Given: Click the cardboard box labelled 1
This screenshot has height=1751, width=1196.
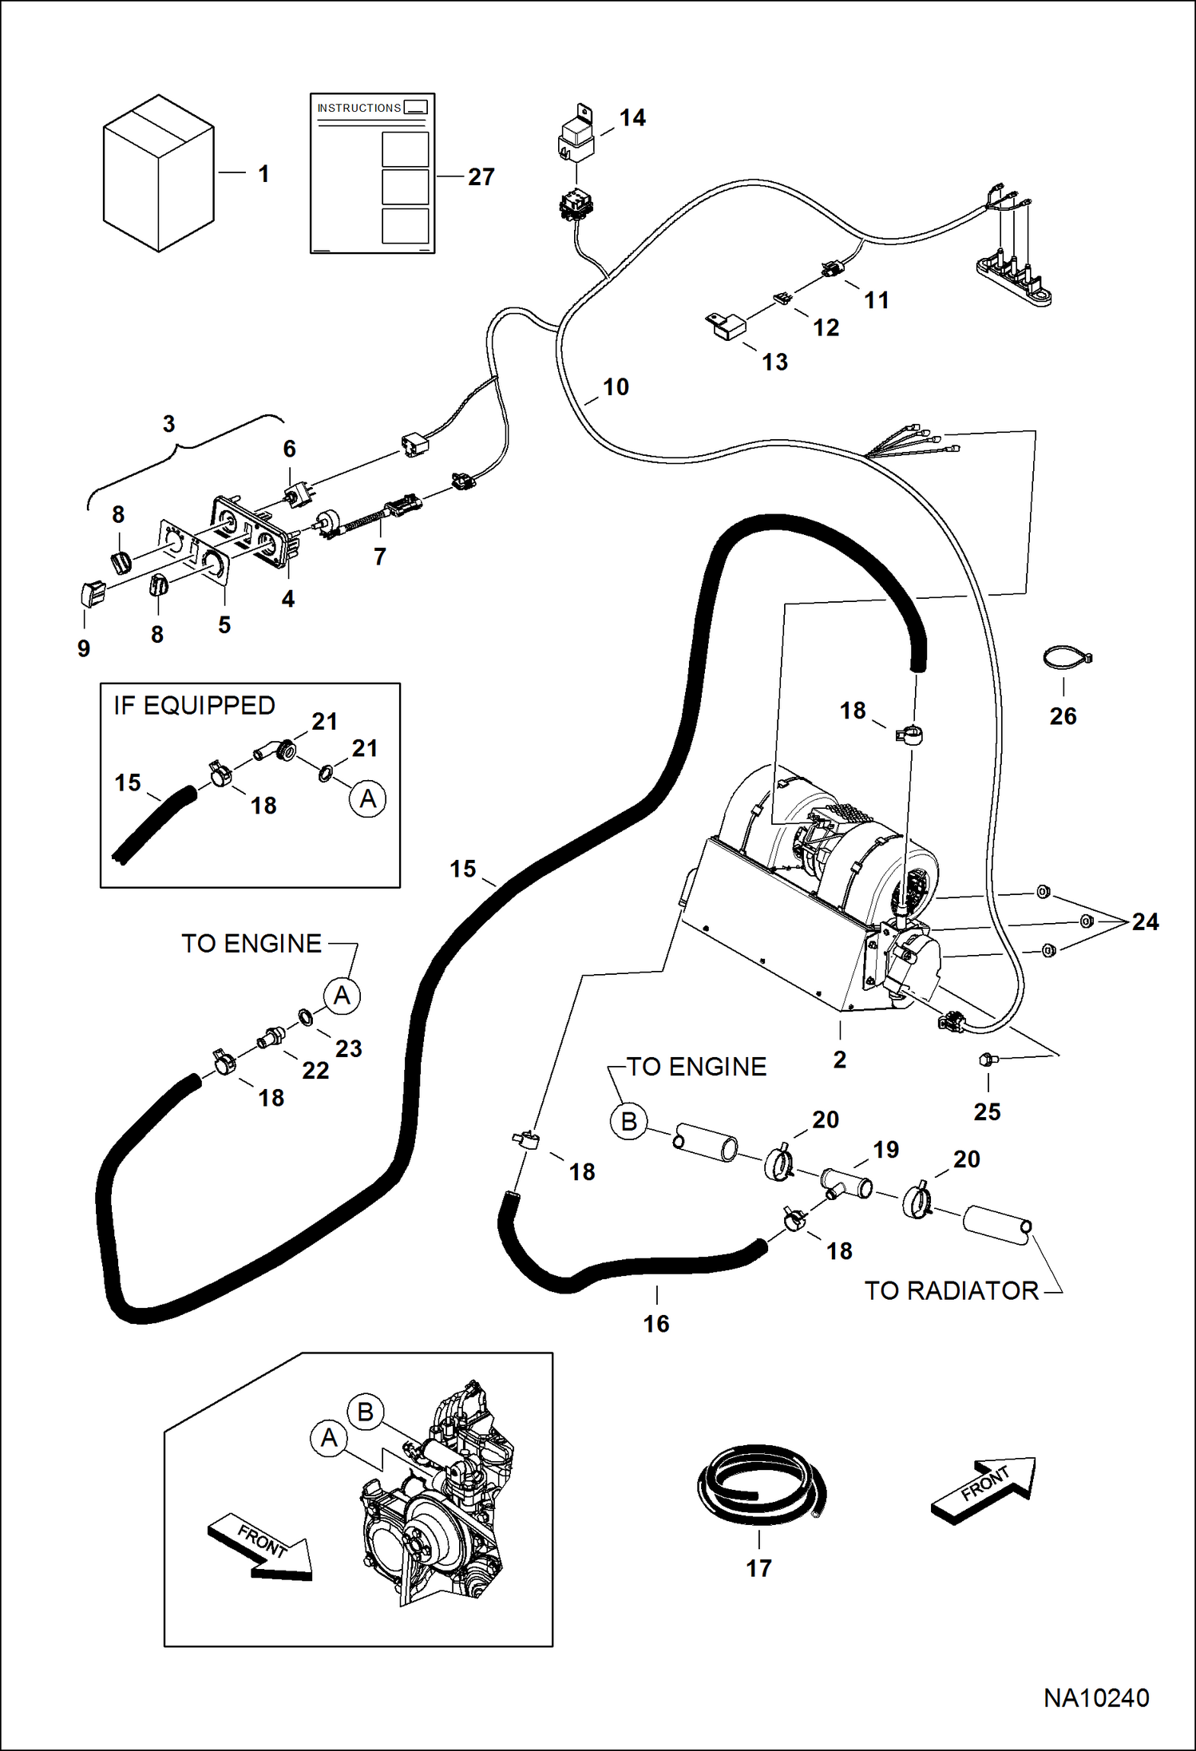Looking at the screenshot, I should tap(158, 173).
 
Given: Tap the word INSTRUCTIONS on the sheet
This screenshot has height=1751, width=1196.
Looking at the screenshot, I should tap(358, 108).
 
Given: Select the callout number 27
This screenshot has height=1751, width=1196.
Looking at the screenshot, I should tap(481, 176).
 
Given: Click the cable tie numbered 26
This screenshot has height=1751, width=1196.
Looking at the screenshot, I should tap(1067, 659).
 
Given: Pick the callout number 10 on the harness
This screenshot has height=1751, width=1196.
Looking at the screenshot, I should tap(616, 387).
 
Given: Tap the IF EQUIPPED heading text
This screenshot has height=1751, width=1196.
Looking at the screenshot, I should tap(194, 706).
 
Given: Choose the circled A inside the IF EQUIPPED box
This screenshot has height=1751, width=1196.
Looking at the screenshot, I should tap(367, 798).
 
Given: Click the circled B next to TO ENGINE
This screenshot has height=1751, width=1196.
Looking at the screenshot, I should tap(628, 1122).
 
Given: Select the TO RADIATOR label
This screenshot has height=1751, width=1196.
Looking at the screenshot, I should tap(952, 1290).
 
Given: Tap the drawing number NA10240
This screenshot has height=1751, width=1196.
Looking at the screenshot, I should tap(1096, 1698).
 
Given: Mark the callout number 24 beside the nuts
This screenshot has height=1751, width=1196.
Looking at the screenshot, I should tap(1145, 922).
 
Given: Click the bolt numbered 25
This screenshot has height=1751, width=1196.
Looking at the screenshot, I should tap(987, 1060).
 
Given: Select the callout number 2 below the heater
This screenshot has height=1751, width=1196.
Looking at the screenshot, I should tap(839, 1060).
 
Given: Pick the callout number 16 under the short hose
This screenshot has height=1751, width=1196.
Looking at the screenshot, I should tap(656, 1324).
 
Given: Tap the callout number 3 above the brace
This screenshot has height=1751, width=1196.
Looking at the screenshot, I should tap(168, 424).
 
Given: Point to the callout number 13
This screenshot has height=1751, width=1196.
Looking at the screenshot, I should tap(774, 362).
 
